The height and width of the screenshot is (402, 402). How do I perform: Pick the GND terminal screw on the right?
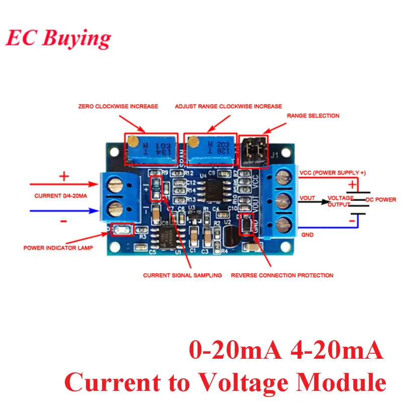(284, 223)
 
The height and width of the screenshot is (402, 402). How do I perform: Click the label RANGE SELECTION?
(313, 116)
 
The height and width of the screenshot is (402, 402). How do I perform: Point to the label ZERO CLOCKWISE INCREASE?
(118, 107)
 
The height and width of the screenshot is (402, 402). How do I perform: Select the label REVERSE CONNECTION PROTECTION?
(282, 275)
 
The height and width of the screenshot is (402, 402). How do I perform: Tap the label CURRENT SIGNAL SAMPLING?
(182, 275)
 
